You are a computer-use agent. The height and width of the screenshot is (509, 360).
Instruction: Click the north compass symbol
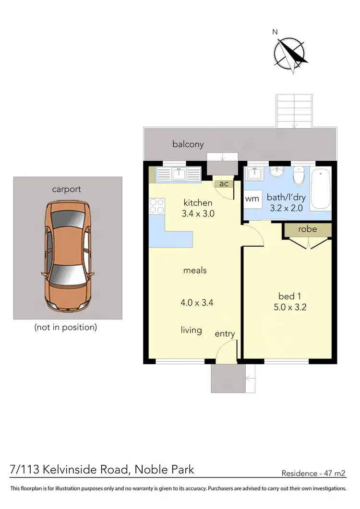[x=290, y=51]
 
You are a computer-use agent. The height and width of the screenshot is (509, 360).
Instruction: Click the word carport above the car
[x=67, y=189]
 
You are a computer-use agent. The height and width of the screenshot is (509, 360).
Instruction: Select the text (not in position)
[x=66, y=328]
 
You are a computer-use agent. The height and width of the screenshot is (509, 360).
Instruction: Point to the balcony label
[x=188, y=144]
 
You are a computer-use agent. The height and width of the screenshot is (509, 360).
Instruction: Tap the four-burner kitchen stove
[x=156, y=206]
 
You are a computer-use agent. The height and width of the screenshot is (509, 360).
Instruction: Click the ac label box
[x=224, y=184]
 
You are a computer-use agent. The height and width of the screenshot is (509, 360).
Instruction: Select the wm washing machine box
[x=252, y=199]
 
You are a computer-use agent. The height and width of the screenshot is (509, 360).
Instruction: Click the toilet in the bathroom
[x=299, y=176]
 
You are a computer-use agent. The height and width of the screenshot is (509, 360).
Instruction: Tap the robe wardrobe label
[x=307, y=229]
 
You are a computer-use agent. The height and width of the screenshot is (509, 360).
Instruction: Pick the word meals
[x=195, y=271]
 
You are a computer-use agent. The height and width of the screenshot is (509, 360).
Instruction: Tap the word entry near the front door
[x=225, y=334]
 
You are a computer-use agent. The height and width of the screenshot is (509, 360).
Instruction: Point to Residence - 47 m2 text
[x=313, y=473]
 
